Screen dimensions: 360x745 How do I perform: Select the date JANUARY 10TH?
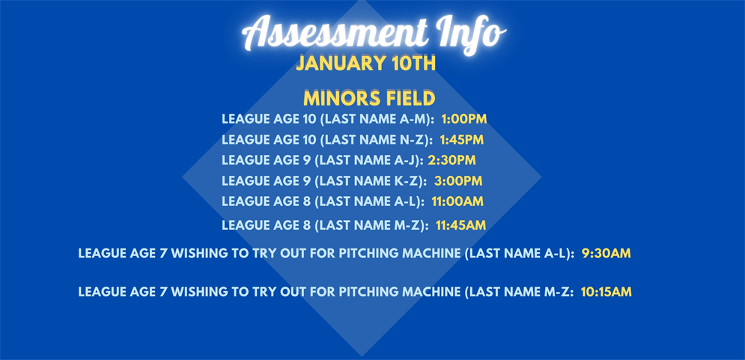click(x=365, y=64)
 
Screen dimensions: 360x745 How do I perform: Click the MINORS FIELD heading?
click(x=369, y=98)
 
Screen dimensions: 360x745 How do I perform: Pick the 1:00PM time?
click(x=464, y=119)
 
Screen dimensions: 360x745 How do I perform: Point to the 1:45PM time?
click(x=461, y=140)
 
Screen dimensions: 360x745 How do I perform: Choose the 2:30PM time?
click(x=451, y=160)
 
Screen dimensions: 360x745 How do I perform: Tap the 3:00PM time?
click(x=458, y=181)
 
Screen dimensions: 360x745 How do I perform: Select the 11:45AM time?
click(x=460, y=225)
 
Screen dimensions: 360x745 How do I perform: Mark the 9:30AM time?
click(x=606, y=254)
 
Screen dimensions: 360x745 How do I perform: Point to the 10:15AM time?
click(x=606, y=292)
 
